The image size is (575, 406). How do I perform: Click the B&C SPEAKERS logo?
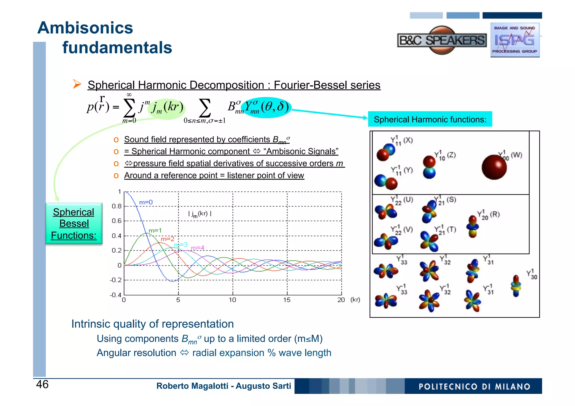(442, 40)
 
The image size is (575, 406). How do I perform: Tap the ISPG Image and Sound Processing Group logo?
(515, 40)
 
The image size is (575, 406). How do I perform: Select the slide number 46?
(42, 384)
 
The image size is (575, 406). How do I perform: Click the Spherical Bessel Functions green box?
(74, 224)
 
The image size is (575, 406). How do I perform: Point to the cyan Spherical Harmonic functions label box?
(430, 120)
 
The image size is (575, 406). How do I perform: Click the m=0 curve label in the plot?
(146, 202)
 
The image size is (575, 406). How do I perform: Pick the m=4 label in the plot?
(198, 248)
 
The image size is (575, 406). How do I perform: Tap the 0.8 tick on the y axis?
(117, 206)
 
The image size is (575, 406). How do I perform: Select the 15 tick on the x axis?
(287, 300)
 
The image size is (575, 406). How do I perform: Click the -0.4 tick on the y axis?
(116, 295)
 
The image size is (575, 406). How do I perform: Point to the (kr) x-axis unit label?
(355, 300)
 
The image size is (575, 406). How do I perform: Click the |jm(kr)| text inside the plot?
(200, 214)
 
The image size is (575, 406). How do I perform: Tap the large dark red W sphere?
(494, 167)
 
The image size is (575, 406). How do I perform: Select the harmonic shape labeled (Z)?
(429, 167)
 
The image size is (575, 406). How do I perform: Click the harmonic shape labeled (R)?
(473, 227)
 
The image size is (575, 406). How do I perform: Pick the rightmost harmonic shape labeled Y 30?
(516, 286)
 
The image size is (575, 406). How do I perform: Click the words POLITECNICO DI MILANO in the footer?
(474, 386)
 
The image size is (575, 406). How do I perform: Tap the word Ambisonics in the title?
(85, 28)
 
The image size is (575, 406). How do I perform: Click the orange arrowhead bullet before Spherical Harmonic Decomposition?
(77, 84)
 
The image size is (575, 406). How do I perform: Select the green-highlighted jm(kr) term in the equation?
(167, 108)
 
